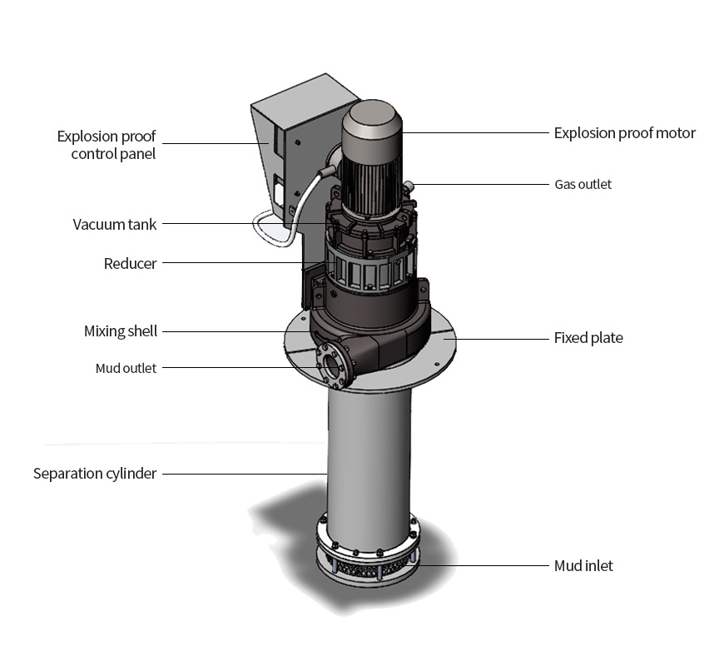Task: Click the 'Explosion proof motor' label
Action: pos(624,133)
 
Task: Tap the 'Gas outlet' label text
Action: pos(583,184)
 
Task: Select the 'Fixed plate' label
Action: pos(588,338)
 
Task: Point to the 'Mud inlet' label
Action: pos(583,566)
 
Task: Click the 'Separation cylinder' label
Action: pos(95,474)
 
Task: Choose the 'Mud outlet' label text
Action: pos(126,368)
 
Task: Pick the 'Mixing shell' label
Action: pos(121,331)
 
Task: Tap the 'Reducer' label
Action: pos(130,264)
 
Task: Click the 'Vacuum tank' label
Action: pos(115,224)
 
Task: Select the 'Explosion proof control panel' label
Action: pos(106,145)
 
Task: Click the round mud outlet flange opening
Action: pos(333,364)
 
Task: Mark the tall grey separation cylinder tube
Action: pos(369,458)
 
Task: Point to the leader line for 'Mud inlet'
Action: pos(483,566)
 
